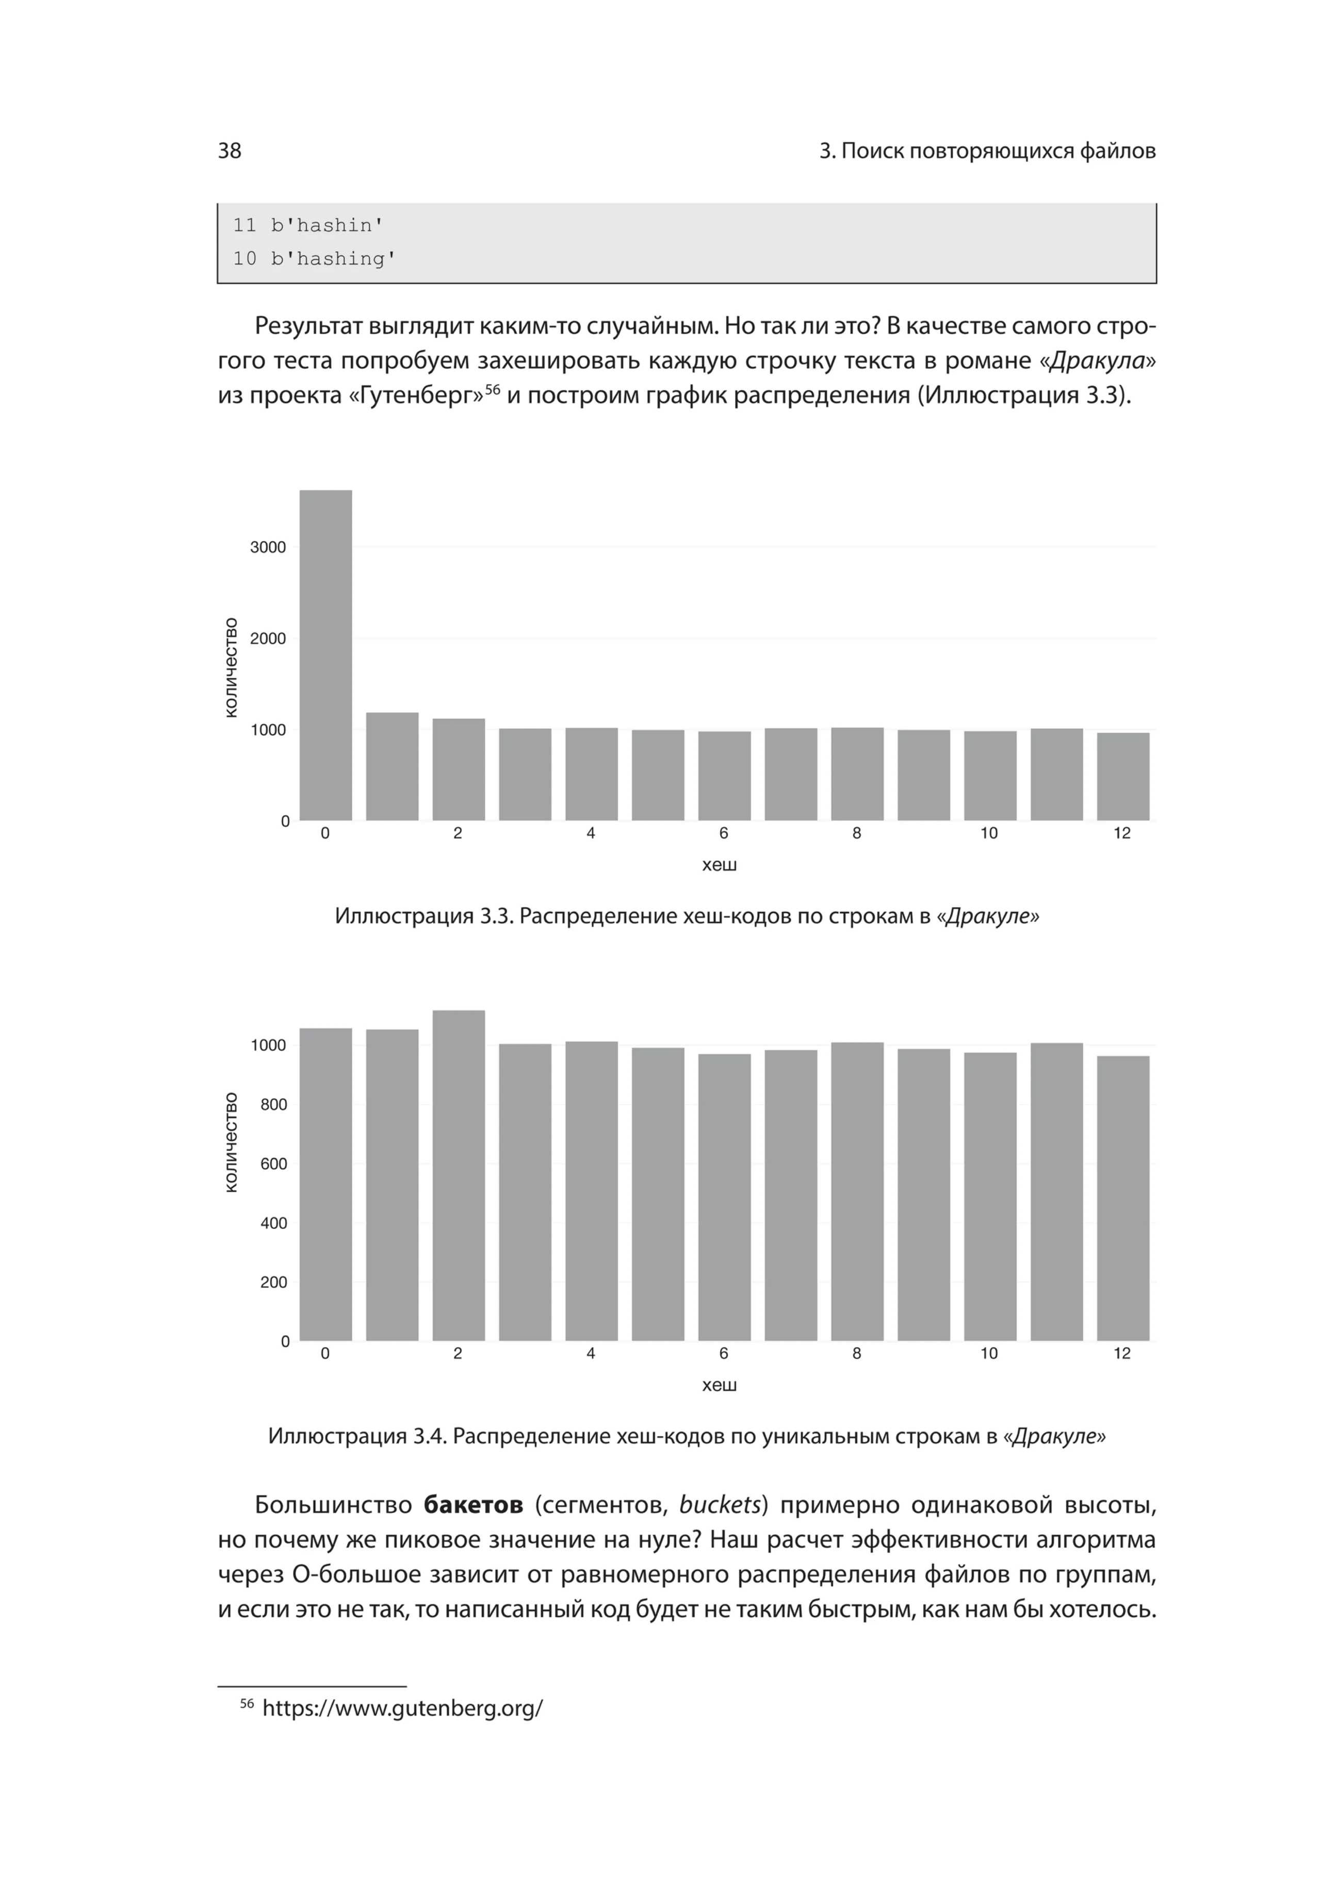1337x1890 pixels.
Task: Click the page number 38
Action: [x=230, y=151]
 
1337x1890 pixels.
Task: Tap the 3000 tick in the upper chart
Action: [x=268, y=548]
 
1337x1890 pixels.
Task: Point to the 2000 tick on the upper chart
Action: [x=268, y=639]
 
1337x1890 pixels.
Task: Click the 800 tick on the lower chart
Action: [x=273, y=1105]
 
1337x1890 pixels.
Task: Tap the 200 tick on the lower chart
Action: [x=273, y=1283]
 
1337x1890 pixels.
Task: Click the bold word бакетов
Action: [x=474, y=1506]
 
